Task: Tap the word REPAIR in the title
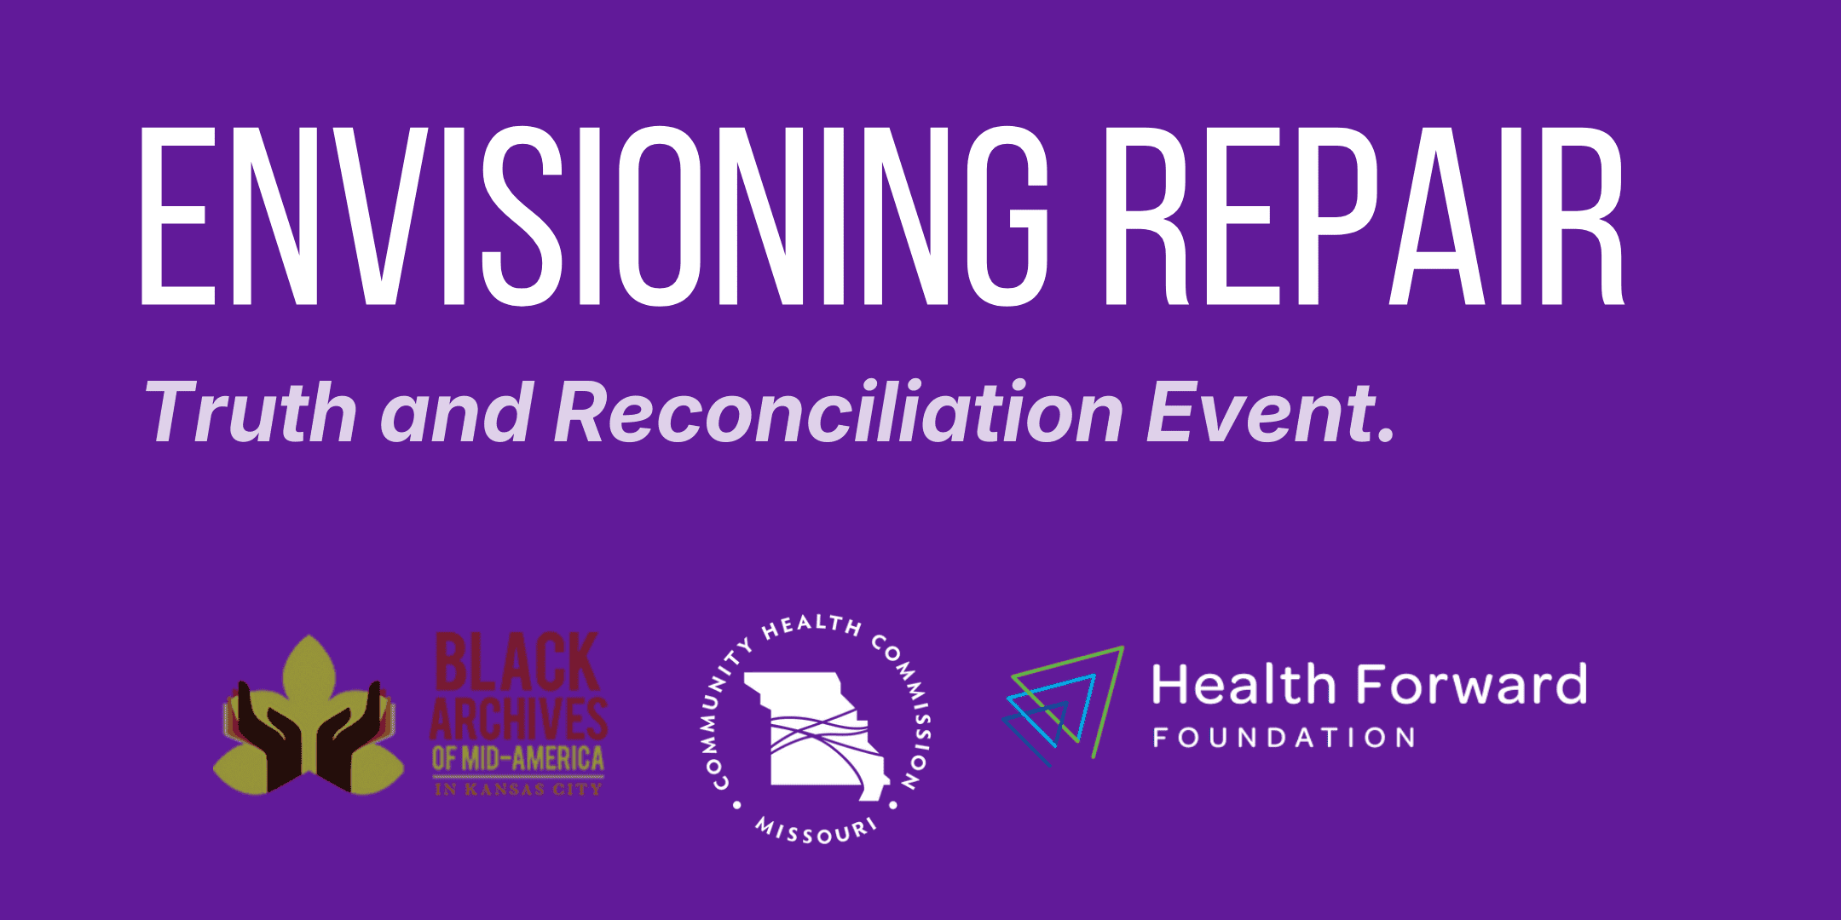[x=1365, y=216]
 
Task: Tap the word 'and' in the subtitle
[x=457, y=411]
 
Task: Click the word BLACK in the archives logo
[x=517, y=662]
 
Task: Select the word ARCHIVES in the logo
[x=519, y=718]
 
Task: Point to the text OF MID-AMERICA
[x=518, y=758]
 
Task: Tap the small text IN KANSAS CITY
[x=518, y=790]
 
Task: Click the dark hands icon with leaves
[x=309, y=716]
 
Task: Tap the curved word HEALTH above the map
[x=811, y=627]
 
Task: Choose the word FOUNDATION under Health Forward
[x=1284, y=738]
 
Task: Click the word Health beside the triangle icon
[x=1244, y=685]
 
